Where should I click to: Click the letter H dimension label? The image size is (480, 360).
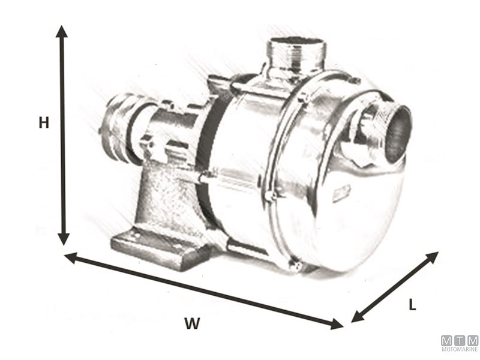(43, 122)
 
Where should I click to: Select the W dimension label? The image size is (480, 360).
(191, 323)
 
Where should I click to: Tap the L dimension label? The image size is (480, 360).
(412, 305)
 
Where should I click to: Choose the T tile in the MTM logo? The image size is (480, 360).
(460, 340)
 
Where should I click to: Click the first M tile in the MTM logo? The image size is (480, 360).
(447, 340)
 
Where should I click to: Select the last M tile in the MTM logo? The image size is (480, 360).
(473, 340)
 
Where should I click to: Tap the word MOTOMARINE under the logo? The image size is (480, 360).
(460, 350)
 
